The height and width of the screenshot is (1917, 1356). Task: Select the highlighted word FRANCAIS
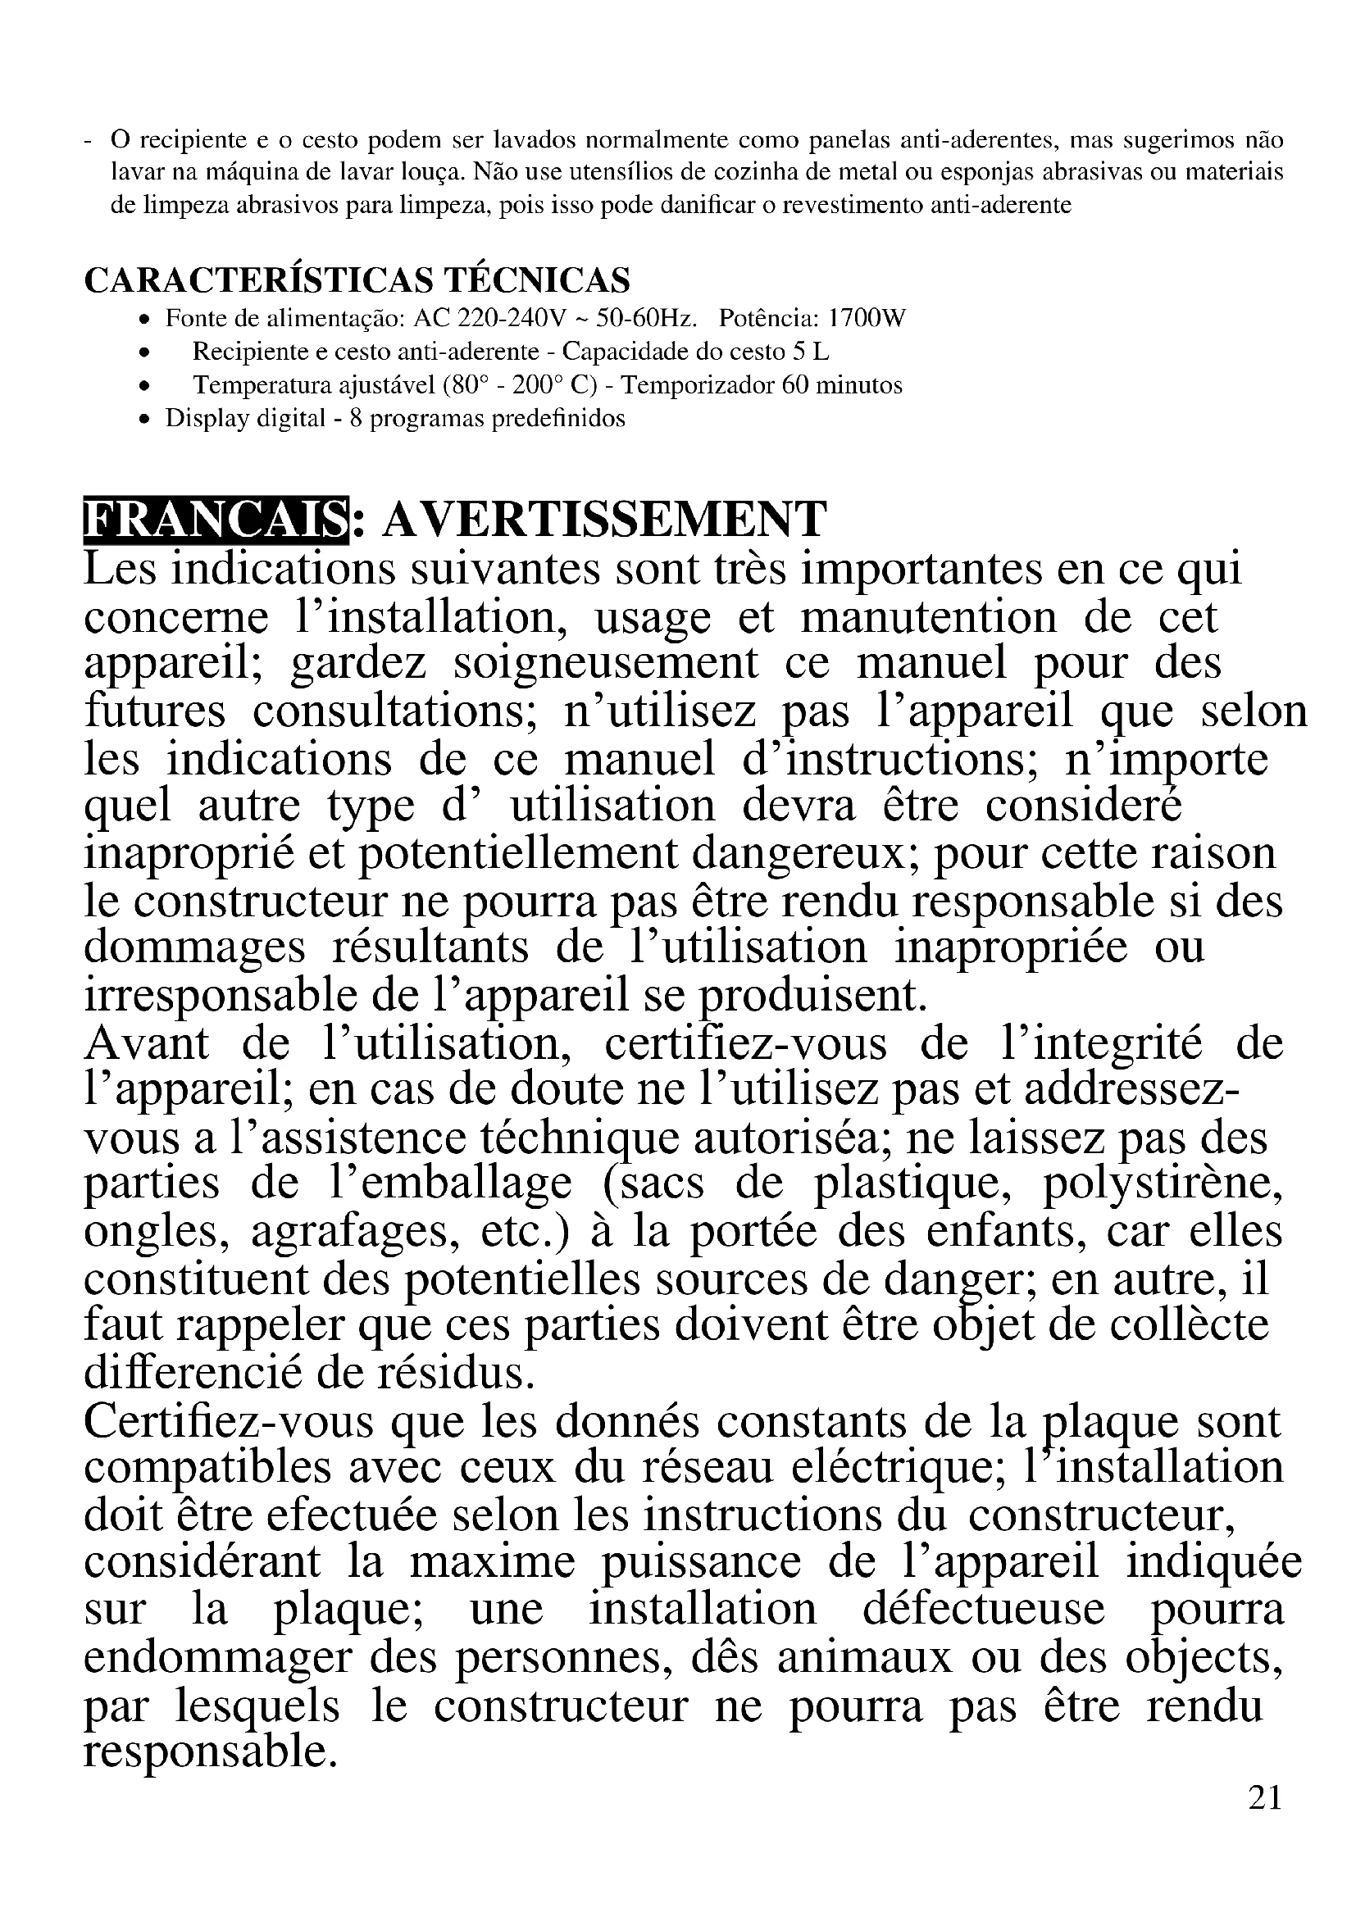click(x=216, y=520)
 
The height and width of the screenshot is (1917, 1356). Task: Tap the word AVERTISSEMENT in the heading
click(x=603, y=520)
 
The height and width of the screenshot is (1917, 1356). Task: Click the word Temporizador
click(x=698, y=385)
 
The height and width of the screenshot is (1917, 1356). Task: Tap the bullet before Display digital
click(x=145, y=419)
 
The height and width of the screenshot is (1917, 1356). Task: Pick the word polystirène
click(x=1163, y=1184)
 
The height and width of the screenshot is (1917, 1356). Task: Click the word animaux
click(x=864, y=1656)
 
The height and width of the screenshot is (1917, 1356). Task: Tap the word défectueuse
click(x=984, y=1609)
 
